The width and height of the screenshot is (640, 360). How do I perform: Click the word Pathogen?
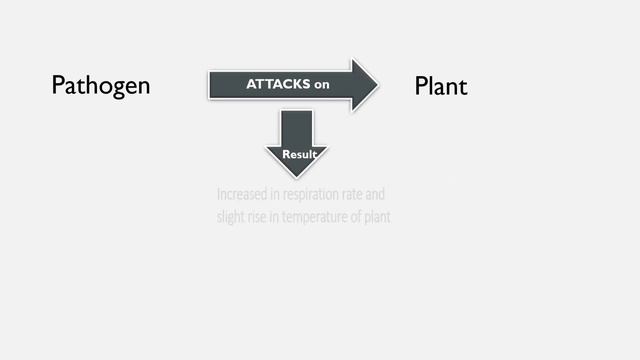[100, 86]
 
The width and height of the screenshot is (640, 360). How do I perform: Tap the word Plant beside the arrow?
[440, 87]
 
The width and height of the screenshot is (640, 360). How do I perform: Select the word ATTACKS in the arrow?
[278, 85]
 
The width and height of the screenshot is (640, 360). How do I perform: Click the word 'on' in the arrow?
[321, 86]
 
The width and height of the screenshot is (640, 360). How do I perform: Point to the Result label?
[299, 155]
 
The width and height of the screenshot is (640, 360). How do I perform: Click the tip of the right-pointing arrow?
[378, 85]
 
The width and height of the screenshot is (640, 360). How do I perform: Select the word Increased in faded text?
[240, 193]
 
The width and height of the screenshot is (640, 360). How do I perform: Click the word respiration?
[305, 193]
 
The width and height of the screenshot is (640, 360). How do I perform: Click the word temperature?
[316, 218]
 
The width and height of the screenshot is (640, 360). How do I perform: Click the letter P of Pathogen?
[57, 86]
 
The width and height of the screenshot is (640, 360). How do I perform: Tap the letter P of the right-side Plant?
[420, 87]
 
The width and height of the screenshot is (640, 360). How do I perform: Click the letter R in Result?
[286, 155]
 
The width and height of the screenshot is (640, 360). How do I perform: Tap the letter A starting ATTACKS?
[250, 85]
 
